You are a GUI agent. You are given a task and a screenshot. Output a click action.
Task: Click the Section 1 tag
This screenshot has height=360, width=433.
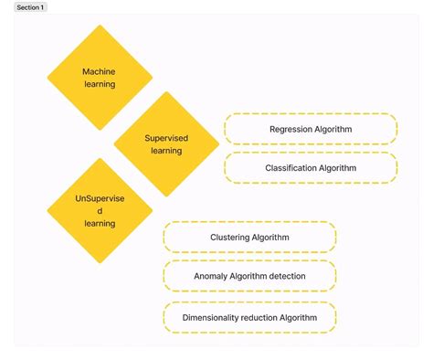(x=30, y=7)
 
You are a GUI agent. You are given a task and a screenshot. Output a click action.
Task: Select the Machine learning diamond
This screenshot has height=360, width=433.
(x=100, y=77)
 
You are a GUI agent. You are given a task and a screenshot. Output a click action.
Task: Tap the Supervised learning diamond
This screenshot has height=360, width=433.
(x=166, y=143)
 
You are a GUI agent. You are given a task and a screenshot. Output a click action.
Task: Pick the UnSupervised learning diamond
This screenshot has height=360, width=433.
(x=100, y=210)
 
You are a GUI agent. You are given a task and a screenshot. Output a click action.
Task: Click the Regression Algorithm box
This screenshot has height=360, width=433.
(x=311, y=129)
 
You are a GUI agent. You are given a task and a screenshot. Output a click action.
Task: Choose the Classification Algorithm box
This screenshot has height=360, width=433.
(x=311, y=168)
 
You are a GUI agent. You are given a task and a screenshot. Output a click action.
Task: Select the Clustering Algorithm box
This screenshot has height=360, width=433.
(x=249, y=237)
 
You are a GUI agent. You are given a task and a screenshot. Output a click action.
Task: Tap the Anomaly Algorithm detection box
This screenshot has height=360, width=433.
(x=249, y=276)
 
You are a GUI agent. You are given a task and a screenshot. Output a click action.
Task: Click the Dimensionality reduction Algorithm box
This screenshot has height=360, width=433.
(x=249, y=317)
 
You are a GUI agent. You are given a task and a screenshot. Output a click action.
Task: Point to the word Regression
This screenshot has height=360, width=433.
(x=290, y=129)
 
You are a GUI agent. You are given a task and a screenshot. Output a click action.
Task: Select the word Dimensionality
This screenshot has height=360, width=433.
(x=213, y=317)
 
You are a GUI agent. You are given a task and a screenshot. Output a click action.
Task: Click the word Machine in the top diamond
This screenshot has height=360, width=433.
(x=100, y=70)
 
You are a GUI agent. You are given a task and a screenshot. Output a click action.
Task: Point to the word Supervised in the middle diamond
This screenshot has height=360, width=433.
(x=166, y=137)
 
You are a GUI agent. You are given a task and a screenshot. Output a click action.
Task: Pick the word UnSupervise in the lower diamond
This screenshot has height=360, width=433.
(x=100, y=197)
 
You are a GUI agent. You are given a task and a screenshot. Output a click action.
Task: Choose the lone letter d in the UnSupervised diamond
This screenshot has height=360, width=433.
(x=100, y=210)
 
